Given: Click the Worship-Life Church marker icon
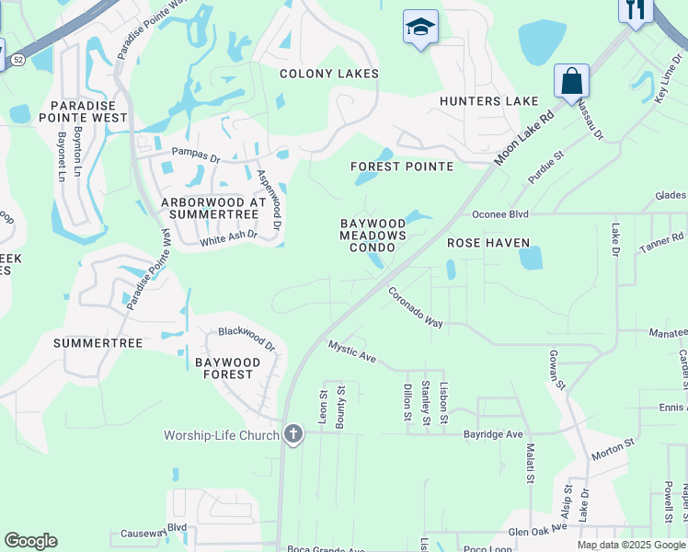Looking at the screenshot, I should (293, 434).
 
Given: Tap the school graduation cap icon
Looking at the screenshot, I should (420, 28).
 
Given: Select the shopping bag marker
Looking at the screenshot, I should (571, 81).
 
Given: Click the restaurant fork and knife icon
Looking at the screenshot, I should (635, 10).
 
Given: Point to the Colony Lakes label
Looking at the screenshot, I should (329, 74).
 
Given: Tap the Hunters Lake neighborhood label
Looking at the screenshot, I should (488, 101).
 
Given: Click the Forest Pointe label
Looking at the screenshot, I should (402, 167).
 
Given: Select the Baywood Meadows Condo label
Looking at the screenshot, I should (373, 236).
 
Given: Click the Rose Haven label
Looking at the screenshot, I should (488, 243).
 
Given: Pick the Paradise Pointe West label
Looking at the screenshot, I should (83, 111).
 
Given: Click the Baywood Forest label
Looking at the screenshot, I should (227, 368).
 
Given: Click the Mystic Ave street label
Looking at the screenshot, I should (353, 351).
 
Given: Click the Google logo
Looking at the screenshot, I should (30, 541).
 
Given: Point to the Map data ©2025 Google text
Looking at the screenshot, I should (631, 545).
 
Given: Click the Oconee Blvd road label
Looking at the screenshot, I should (499, 214).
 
